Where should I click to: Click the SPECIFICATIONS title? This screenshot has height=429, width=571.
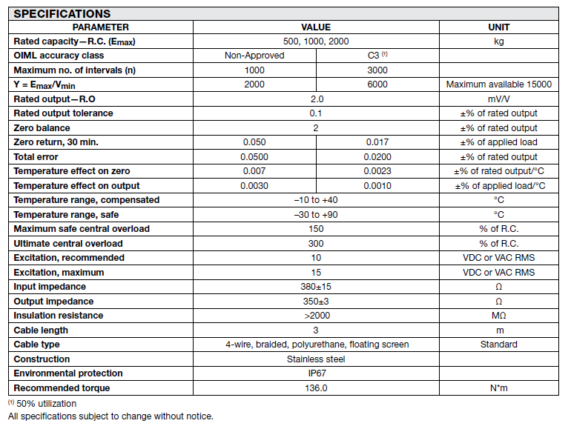62,13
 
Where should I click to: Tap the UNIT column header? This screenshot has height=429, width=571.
498,27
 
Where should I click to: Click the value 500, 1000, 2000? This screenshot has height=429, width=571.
317,41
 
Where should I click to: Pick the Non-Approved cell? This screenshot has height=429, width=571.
254,56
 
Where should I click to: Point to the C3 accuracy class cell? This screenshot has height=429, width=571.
378,56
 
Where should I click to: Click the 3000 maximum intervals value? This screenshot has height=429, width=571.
377,70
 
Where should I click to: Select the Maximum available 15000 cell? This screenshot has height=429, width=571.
498,84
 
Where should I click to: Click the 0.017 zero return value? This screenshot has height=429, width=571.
377,142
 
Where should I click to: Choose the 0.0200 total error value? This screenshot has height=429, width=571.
377,157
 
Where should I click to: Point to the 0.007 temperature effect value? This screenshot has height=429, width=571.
254,171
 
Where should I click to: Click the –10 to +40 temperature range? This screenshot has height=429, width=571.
317,200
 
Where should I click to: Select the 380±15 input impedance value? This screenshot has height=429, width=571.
317,287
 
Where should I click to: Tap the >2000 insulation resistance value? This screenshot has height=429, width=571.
317,316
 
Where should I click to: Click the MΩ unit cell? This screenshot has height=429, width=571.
498,316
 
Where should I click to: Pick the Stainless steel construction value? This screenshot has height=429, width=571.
317,359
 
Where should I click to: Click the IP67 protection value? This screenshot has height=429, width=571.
317,373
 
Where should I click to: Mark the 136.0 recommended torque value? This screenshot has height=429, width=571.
317,388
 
